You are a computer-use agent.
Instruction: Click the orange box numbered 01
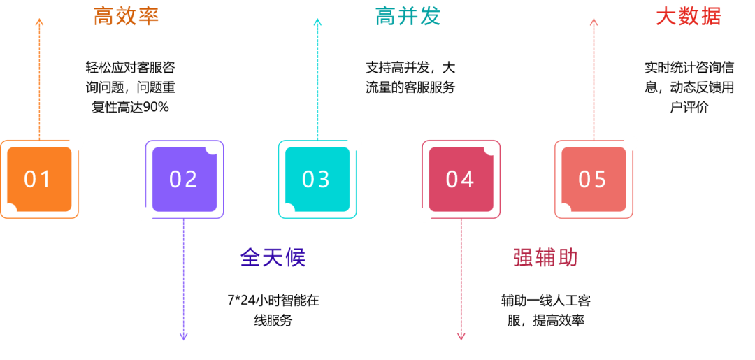click(39, 180)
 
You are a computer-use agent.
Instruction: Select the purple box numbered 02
click(185, 180)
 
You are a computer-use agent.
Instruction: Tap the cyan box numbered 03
click(317, 180)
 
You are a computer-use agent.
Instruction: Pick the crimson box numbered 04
click(461, 180)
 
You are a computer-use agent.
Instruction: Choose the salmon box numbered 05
click(594, 180)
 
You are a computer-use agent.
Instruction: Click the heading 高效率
click(126, 17)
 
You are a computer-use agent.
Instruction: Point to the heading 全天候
click(273, 258)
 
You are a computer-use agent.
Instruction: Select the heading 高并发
click(408, 17)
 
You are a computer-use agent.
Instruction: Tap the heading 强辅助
click(545, 258)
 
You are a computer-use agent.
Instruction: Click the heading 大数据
click(689, 17)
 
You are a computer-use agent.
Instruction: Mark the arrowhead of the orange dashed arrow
click(39, 21)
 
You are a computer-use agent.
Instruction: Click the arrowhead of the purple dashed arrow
click(183, 337)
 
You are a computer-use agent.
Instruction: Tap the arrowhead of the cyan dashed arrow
click(317, 21)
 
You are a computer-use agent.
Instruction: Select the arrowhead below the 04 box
click(461, 337)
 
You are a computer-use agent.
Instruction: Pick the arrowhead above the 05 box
click(594, 21)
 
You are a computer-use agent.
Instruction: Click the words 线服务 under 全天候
click(273, 321)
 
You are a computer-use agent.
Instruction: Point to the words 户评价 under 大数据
click(689, 108)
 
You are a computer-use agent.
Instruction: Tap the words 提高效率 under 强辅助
click(559, 321)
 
